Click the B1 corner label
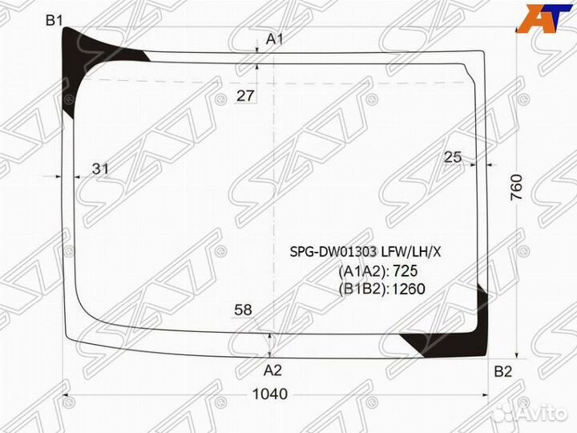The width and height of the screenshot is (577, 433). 54,20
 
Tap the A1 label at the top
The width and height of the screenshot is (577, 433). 275,39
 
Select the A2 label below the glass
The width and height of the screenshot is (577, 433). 272,370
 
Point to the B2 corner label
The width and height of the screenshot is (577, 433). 502,372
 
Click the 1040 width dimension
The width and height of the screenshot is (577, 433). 270,394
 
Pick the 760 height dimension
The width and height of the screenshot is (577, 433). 517,187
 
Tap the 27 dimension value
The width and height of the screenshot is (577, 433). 245,95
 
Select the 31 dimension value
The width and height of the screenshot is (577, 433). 100,168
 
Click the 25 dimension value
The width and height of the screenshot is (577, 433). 453,157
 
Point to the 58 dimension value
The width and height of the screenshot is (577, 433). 244,310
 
